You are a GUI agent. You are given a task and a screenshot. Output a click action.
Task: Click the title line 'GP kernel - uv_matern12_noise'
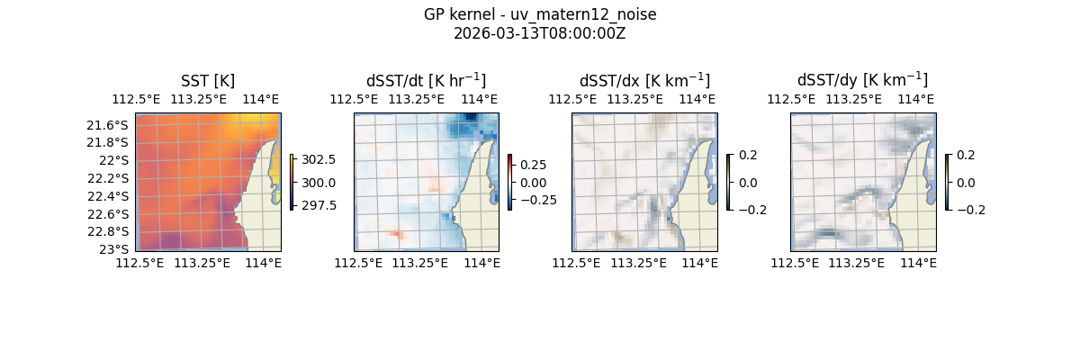tap(539, 15)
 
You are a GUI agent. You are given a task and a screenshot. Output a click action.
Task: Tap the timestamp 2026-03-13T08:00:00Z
tap(539, 33)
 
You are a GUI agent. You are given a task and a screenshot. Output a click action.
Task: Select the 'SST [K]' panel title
tap(208, 81)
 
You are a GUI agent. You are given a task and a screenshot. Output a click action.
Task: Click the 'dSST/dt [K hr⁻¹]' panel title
tap(426, 80)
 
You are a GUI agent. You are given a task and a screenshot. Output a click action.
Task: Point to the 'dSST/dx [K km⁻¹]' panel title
tap(644, 80)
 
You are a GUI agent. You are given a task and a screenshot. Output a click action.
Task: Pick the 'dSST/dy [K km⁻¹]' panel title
tap(862, 80)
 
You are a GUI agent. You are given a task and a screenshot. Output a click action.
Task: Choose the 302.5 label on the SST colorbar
tap(319, 159)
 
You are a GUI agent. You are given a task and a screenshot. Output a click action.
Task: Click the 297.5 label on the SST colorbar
tap(319, 205)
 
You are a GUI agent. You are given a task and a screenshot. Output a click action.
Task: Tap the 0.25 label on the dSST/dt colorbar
tap(533, 165)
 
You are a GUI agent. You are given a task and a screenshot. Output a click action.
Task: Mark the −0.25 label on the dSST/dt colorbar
tap(536, 200)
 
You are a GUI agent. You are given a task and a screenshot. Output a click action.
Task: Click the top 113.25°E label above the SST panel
tap(200, 99)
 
